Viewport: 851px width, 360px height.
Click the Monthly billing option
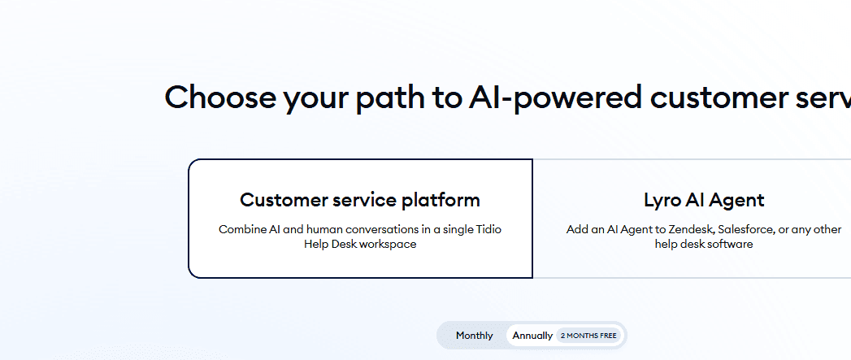pyautogui.click(x=474, y=336)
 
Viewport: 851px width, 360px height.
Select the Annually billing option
pyautogui.click(x=532, y=336)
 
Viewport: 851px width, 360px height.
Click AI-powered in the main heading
pyautogui.click(x=553, y=98)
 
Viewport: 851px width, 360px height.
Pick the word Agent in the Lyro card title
pyautogui.click(x=737, y=200)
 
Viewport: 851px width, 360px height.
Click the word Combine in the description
pyautogui.click(x=242, y=229)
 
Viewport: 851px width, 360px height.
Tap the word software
pyautogui.click(x=728, y=244)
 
